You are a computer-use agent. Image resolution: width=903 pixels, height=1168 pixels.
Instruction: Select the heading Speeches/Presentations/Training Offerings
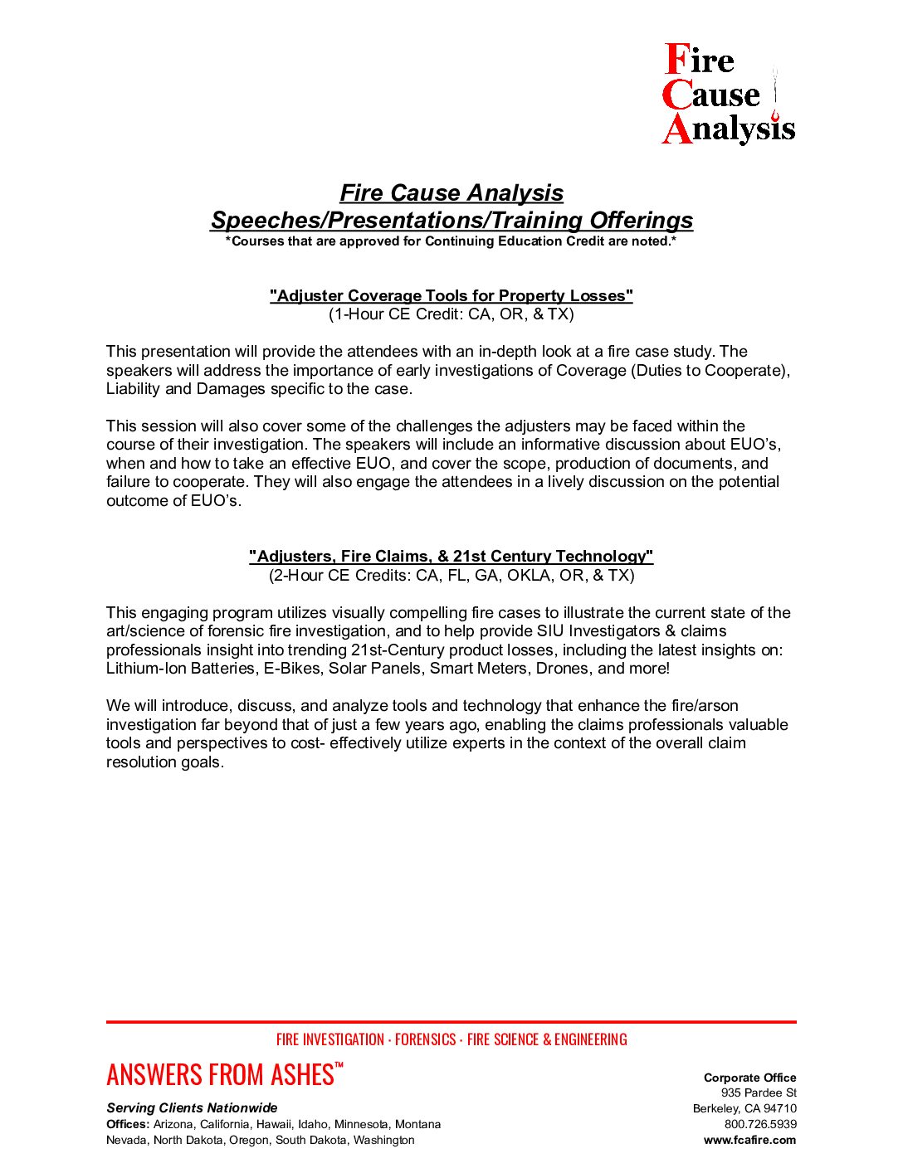(x=451, y=220)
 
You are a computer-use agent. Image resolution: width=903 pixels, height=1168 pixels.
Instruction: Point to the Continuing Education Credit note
(x=451, y=241)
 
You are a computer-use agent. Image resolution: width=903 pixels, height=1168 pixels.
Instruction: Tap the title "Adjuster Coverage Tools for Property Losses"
(x=451, y=296)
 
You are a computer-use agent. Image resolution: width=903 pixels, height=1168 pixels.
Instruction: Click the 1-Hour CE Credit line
(x=451, y=314)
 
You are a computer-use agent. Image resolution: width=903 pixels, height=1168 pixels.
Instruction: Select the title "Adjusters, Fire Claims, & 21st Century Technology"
(x=451, y=557)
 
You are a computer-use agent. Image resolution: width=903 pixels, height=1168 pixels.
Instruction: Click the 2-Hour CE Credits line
(x=451, y=576)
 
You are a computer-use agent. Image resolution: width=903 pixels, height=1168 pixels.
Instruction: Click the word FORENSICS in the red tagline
(x=425, y=1039)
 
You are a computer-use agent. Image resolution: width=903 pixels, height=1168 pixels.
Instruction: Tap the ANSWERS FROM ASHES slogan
(x=221, y=1075)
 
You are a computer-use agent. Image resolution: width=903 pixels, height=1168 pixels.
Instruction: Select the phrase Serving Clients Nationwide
(x=192, y=1108)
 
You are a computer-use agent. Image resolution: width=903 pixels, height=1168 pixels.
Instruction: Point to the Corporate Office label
(x=749, y=1078)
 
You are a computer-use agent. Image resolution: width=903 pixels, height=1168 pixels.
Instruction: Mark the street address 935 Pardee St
(x=759, y=1093)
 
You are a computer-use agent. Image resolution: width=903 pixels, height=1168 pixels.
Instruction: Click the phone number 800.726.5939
(x=760, y=1124)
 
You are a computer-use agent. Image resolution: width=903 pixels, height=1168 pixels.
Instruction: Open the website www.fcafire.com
(x=749, y=1140)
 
